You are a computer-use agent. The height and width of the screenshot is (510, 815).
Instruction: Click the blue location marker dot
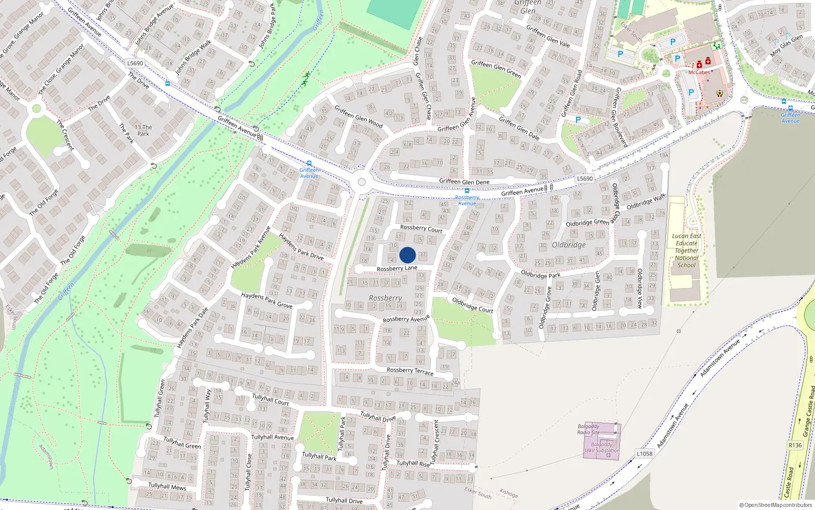[x=407, y=255]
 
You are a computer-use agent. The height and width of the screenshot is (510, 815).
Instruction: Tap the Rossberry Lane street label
[x=397, y=268]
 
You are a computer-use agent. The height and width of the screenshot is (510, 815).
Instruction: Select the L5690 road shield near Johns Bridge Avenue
[x=135, y=63]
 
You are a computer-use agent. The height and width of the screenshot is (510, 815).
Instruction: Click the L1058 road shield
[x=644, y=453]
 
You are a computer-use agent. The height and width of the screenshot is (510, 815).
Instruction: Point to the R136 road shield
[x=795, y=445]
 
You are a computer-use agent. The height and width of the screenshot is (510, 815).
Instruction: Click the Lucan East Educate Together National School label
[x=687, y=250]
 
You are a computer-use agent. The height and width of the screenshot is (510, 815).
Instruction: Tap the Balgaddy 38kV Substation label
[x=602, y=447]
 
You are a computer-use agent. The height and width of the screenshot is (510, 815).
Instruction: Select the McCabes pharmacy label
[x=699, y=72]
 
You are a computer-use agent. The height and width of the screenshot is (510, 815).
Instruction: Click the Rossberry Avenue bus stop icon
[x=467, y=191]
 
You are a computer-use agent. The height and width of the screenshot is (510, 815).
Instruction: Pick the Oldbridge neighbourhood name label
[x=568, y=245]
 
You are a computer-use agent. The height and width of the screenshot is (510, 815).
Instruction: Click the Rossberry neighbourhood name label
[x=385, y=298]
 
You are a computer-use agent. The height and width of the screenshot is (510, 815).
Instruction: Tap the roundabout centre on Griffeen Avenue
[x=362, y=182]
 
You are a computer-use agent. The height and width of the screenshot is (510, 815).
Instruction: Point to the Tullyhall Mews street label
[x=167, y=486]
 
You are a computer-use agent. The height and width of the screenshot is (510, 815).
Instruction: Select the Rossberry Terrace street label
[x=410, y=371]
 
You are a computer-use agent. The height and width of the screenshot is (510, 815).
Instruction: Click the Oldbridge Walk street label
[x=646, y=201]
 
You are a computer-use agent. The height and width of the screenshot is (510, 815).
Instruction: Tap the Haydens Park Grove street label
[x=266, y=300]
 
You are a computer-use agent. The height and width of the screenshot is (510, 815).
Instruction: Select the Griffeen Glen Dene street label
[x=464, y=182]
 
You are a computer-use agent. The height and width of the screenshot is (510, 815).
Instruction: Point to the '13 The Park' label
[x=144, y=131]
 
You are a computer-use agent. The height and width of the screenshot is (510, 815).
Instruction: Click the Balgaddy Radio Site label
[x=588, y=429]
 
